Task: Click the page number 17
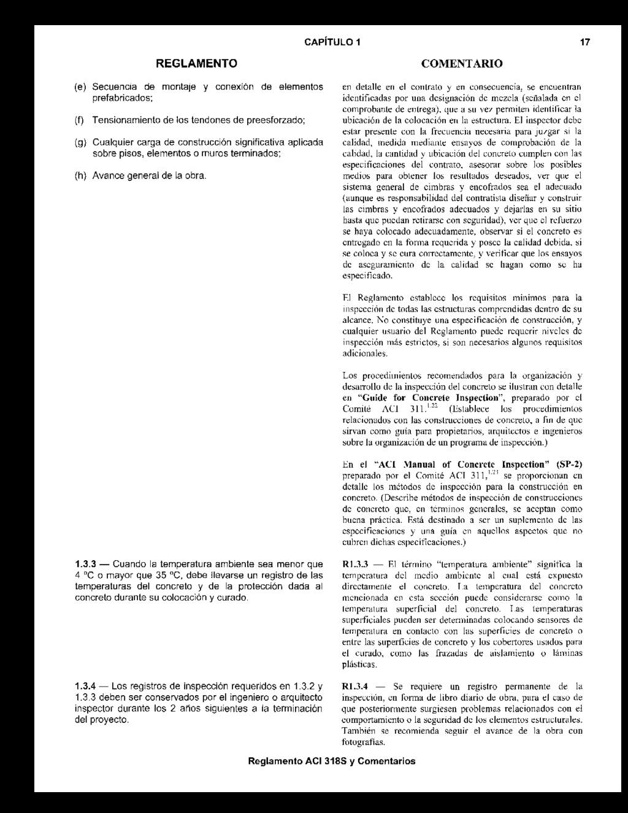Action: coord(585,42)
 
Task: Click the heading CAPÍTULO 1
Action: coord(332,42)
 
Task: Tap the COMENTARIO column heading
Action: coord(462,64)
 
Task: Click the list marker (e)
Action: coord(80,87)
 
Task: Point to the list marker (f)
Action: coord(80,119)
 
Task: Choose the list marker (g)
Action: coord(80,142)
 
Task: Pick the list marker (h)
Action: coord(80,176)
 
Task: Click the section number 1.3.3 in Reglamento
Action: coord(85,564)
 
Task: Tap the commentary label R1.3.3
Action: coord(354,564)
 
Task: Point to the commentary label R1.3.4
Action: coord(354,687)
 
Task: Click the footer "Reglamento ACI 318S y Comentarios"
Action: coord(331,761)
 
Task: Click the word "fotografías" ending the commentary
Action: coord(363,742)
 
